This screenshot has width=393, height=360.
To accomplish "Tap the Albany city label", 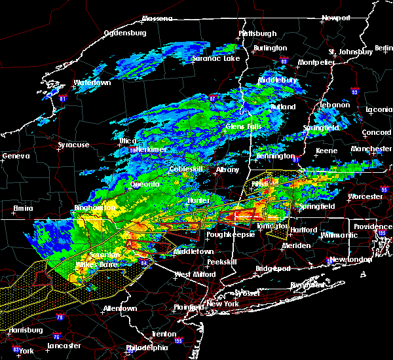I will pyautogui.click(x=227, y=170).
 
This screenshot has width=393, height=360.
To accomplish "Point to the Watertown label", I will pyautogui.click(x=92, y=83).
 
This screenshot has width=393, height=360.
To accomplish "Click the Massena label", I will pyautogui.click(x=157, y=18).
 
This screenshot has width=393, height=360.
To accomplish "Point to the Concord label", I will pyautogui.click(x=377, y=133).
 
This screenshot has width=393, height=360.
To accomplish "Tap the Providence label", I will pyautogui.click(x=374, y=226).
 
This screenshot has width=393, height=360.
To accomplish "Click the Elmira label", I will pyautogui.click(x=23, y=209).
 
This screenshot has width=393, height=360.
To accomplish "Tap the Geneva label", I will pyautogui.click(x=16, y=156).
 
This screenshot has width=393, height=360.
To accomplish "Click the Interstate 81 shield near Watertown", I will pyautogui.click(x=63, y=99).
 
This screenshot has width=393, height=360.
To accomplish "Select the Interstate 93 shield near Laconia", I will pyautogui.click(x=354, y=92).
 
